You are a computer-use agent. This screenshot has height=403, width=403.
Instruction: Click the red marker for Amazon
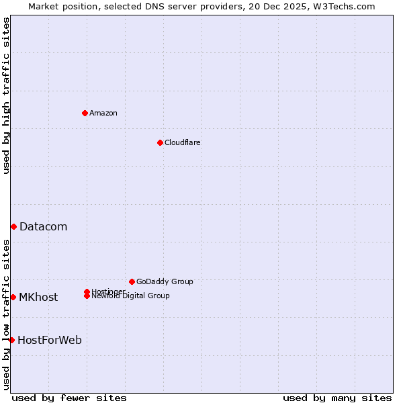pyautogui.click(x=85, y=113)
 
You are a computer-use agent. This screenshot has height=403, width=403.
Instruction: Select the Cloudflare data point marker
pyautogui.click(x=160, y=142)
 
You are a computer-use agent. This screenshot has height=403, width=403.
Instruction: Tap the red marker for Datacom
pyautogui.click(x=13, y=227)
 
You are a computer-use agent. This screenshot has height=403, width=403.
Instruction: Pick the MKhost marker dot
pyautogui.click(x=13, y=297)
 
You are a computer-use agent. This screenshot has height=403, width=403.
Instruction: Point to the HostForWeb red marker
pyautogui.click(x=11, y=340)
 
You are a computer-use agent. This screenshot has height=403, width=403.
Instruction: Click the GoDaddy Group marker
pyautogui.click(x=132, y=281)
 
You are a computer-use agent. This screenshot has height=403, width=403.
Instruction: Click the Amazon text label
pyautogui.click(x=103, y=113)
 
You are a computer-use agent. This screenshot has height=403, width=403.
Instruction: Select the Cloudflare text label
pyautogui.click(x=182, y=142)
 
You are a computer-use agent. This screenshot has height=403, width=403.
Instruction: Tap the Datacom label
pyautogui.click(x=43, y=227)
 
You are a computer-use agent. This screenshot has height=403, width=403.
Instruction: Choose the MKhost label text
pyautogui.click(x=38, y=298)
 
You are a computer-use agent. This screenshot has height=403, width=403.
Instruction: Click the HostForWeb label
pyautogui.click(x=49, y=341)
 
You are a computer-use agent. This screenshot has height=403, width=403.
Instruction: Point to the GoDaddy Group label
pyautogui.click(x=165, y=282)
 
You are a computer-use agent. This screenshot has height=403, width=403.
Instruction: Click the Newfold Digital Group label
pyautogui.click(x=130, y=296)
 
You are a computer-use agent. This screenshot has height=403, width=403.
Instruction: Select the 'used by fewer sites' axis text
pyautogui.click(x=69, y=398)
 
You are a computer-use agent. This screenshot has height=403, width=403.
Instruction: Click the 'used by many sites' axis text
pyautogui.click(x=337, y=398)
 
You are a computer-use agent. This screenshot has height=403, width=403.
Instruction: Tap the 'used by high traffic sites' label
pyautogui.click(x=7, y=95)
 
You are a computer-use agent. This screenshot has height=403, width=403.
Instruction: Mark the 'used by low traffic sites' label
pyautogui.click(x=7, y=314)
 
